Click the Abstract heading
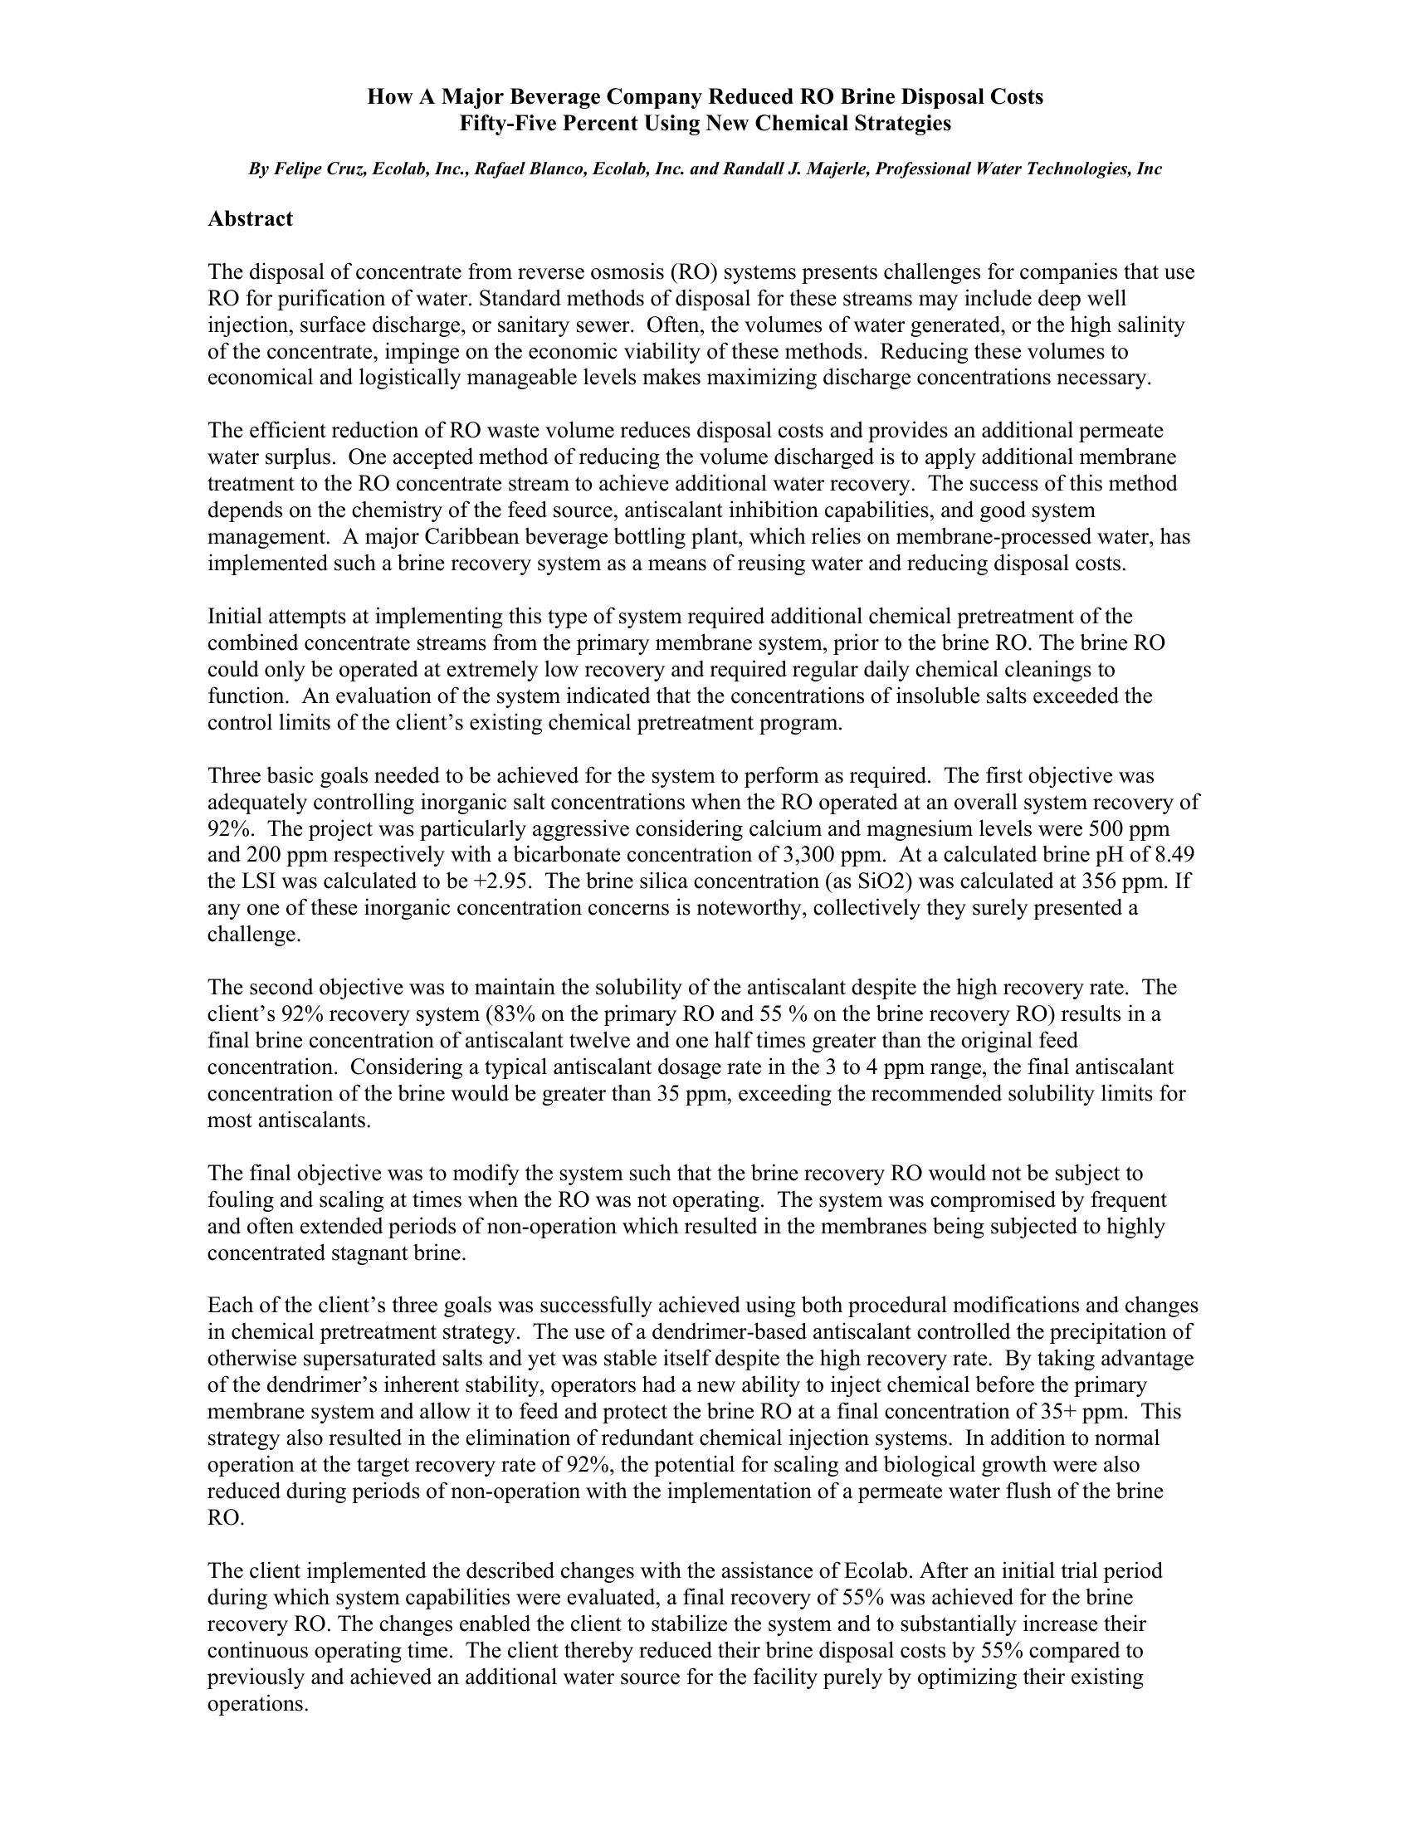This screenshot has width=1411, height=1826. [250, 219]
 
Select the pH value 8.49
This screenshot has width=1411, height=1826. [1172, 855]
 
